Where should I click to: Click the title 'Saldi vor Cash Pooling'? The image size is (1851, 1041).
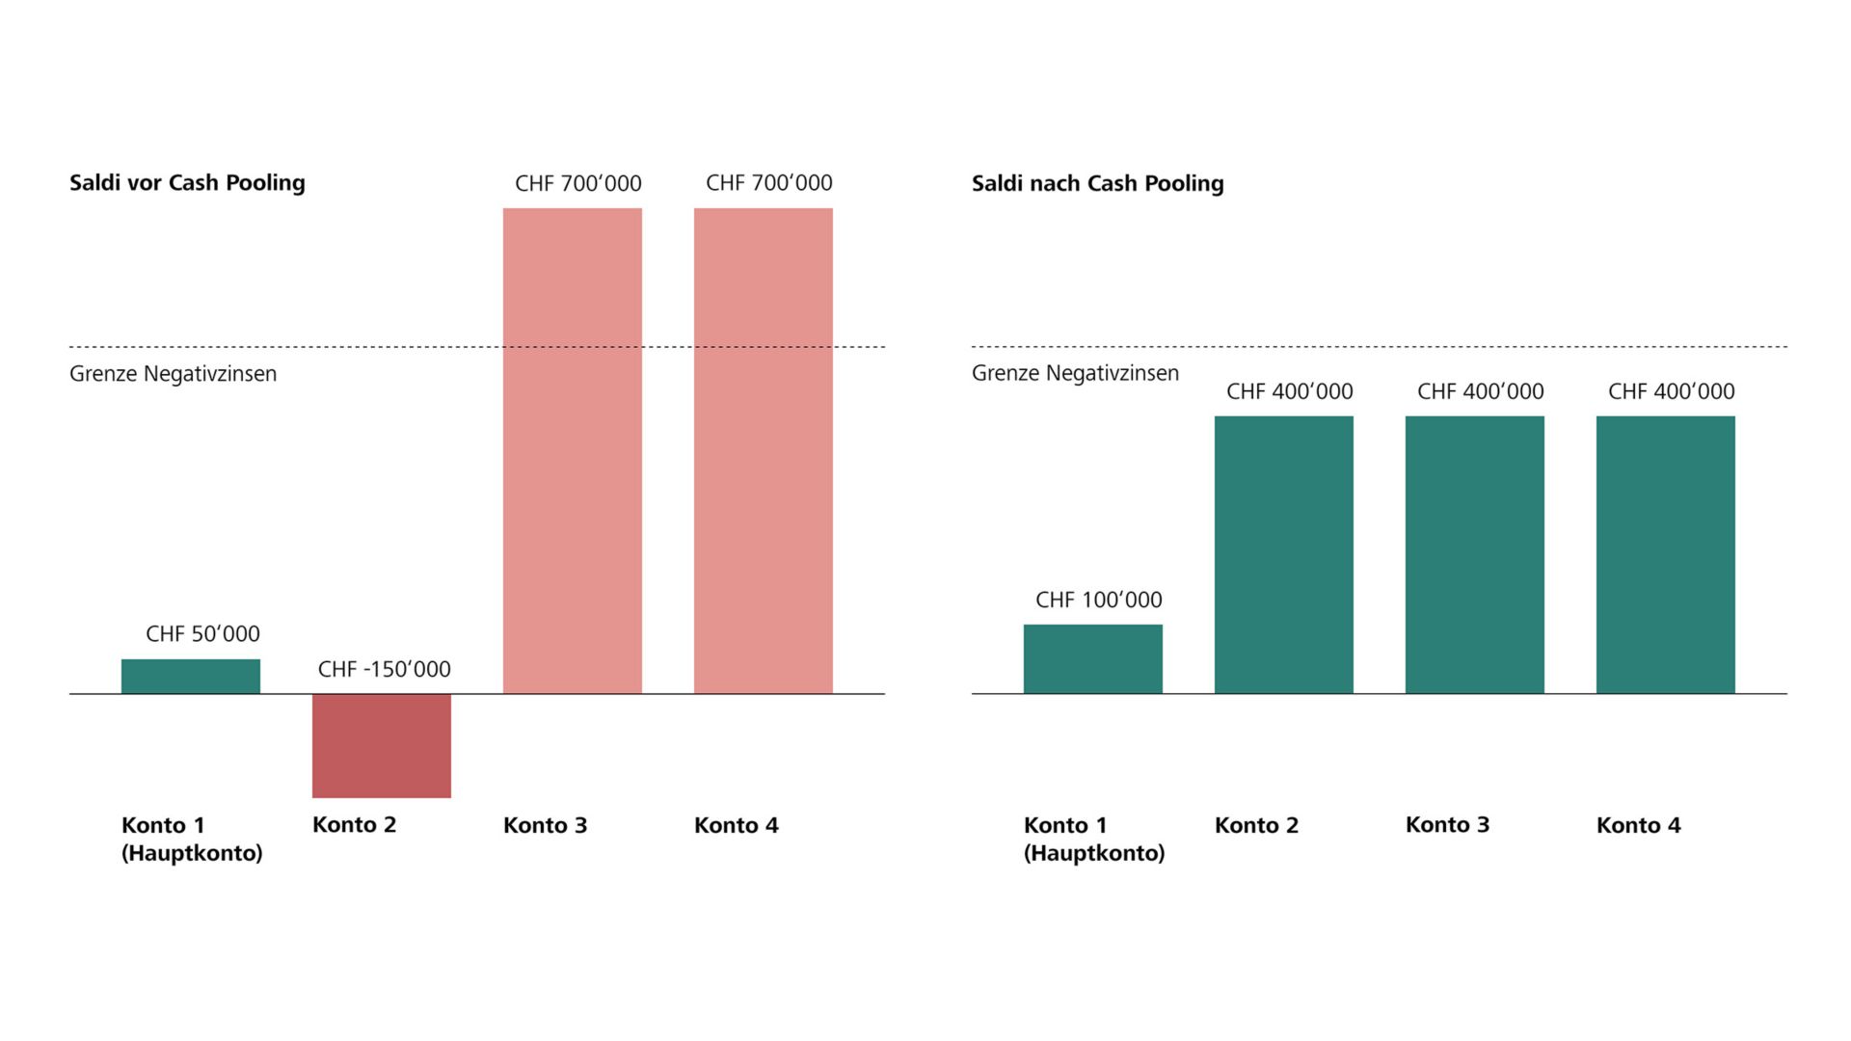[187, 183]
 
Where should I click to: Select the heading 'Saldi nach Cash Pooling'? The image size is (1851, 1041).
[1097, 183]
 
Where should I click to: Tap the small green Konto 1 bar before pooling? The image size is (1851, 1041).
[191, 676]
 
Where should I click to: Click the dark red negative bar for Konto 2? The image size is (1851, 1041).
[382, 745]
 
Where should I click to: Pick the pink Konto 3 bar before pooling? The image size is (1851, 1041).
[573, 450]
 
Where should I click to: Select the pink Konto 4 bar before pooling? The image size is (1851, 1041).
[764, 450]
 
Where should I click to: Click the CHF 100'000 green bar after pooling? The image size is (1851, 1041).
[1093, 658]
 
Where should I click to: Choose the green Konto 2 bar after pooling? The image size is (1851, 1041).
[1284, 554]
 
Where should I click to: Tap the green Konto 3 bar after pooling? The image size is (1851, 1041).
[1475, 554]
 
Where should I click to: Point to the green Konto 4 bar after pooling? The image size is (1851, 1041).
[1666, 554]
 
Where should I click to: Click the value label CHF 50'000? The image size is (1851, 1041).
[202, 634]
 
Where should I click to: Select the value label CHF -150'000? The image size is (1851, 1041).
[384, 669]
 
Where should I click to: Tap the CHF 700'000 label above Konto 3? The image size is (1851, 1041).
[578, 183]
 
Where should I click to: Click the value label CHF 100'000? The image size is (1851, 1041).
[1099, 600]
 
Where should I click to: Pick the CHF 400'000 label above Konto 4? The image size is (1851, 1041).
[1672, 391]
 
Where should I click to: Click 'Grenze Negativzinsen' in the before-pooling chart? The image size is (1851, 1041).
[173, 374]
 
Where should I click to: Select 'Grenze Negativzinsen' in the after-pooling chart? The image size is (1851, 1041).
[1075, 373]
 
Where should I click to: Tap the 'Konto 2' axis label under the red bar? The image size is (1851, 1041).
[354, 825]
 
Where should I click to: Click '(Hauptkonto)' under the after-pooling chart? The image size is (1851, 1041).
[1094, 853]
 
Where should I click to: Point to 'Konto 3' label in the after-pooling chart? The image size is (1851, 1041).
[1447, 825]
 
